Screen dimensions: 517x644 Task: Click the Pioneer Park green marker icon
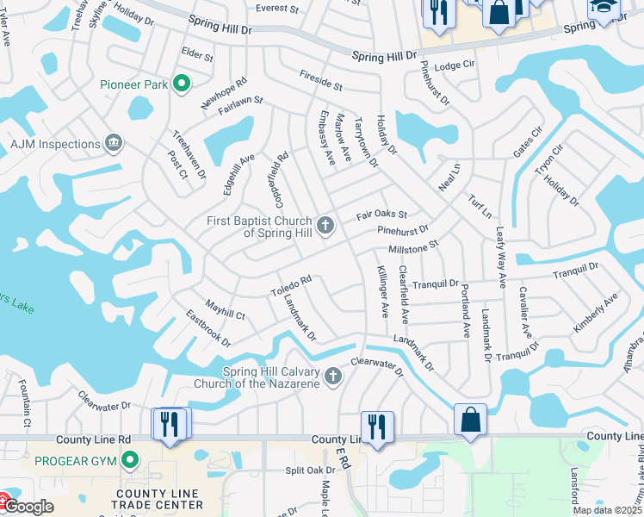coord(181,84)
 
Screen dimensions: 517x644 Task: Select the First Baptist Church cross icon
coord(325,226)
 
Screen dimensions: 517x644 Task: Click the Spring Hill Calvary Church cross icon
coord(333,376)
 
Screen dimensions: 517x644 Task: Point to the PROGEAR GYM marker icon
coord(130,460)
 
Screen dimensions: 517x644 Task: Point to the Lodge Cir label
coord(455,65)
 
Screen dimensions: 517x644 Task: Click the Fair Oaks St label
coord(382,214)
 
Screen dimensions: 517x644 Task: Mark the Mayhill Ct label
coord(225,308)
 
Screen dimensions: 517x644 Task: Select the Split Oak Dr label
coord(310,470)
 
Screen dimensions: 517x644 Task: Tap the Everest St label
coord(276,9)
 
